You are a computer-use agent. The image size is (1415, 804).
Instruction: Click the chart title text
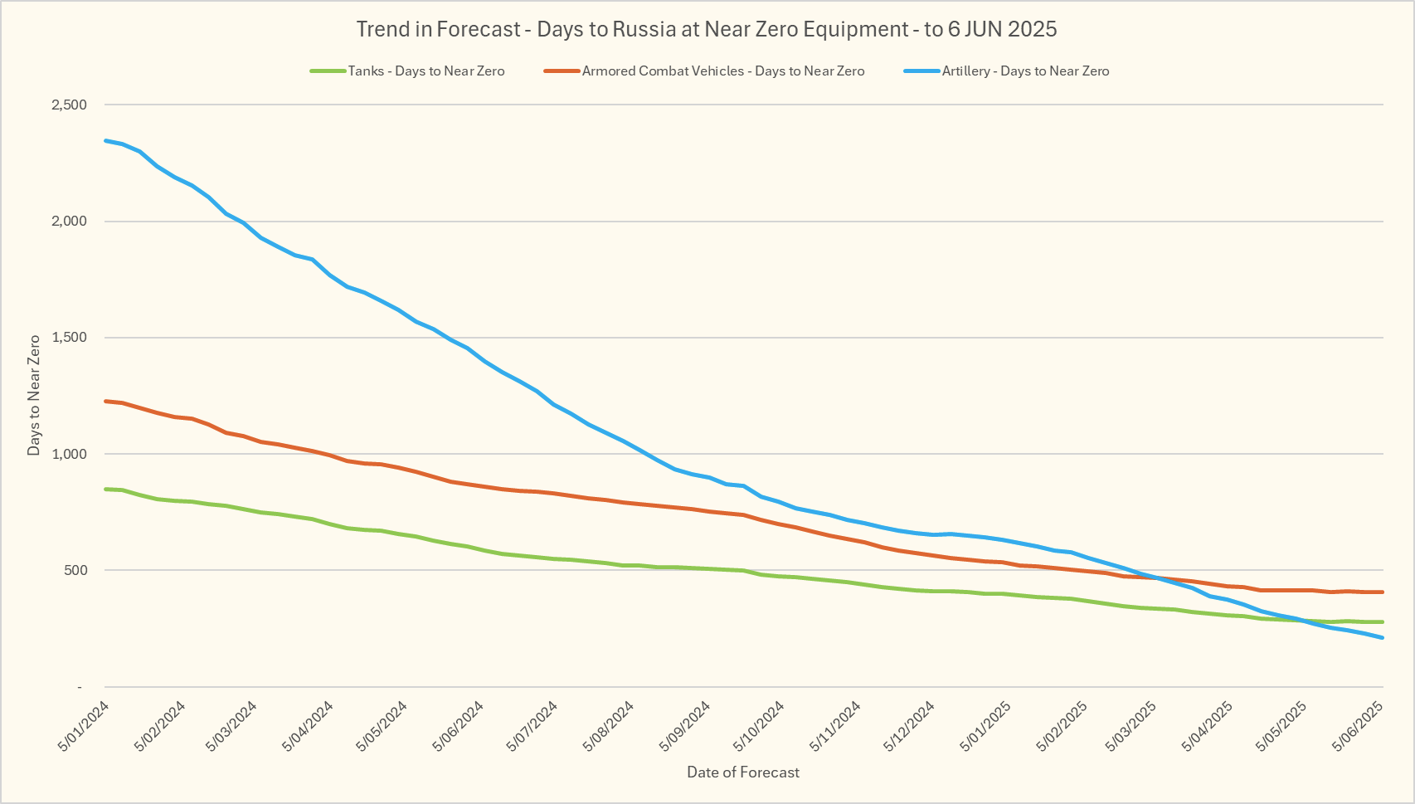point(707,30)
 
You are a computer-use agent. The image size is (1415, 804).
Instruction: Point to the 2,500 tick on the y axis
point(69,105)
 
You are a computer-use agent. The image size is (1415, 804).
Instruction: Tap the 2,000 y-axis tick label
point(69,222)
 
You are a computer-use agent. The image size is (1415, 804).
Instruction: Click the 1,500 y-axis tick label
point(69,338)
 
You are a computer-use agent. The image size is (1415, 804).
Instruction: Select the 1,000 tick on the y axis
point(69,454)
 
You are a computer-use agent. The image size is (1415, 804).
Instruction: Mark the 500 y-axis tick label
point(75,570)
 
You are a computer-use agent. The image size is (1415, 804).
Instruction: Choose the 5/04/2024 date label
point(308,726)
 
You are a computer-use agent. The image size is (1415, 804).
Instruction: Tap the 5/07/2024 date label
point(532,726)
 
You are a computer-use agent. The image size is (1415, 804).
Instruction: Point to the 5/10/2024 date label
point(759,726)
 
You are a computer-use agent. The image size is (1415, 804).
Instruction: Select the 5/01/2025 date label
point(985,726)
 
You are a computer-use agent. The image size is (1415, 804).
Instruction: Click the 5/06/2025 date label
point(1357,726)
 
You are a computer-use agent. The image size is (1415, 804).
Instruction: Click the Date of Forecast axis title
point(743,772)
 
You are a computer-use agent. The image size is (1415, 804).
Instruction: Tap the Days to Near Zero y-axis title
point(34,395)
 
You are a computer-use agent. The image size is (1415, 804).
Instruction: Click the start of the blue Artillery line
point(105,140)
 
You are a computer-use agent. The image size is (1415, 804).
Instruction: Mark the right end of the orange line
point(1383,592)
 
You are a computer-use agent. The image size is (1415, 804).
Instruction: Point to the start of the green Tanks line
point(105,489)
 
